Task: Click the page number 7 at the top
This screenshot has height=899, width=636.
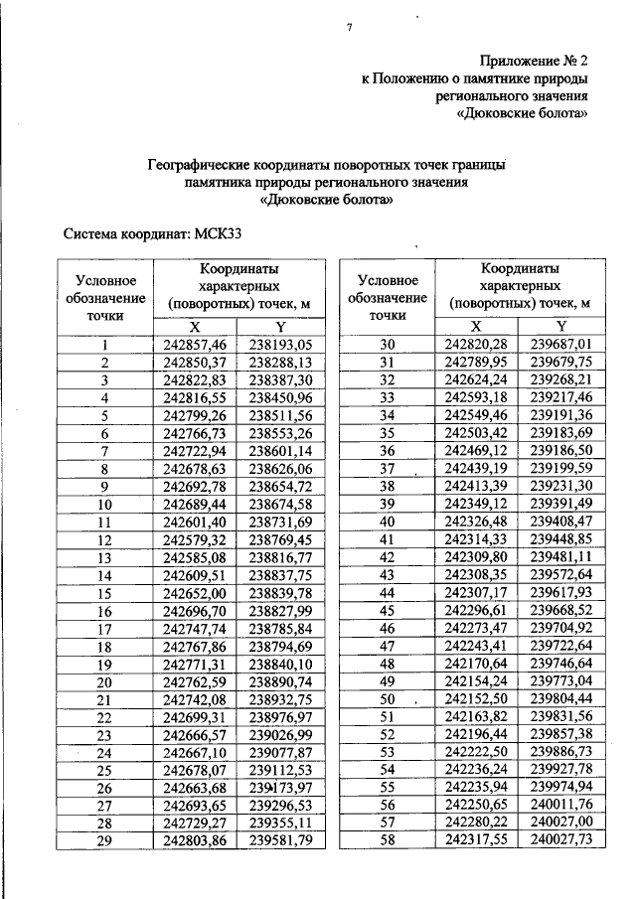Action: [x=350, y=26]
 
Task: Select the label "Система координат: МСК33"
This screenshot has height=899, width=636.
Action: [x=153, y=234]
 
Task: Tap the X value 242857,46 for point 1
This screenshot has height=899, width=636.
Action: [x=195, y=345]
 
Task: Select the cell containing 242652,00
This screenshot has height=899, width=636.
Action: [x=195, y=593]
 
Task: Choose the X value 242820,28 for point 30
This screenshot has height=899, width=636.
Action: [x=476, y=345]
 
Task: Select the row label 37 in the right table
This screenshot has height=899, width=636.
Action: [x=388, y=469]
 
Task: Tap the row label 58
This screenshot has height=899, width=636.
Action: [x=388, y=841]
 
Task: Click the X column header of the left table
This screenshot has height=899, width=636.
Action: [x=195, y=326]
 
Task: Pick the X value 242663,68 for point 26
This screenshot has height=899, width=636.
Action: [x=195, y=788]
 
